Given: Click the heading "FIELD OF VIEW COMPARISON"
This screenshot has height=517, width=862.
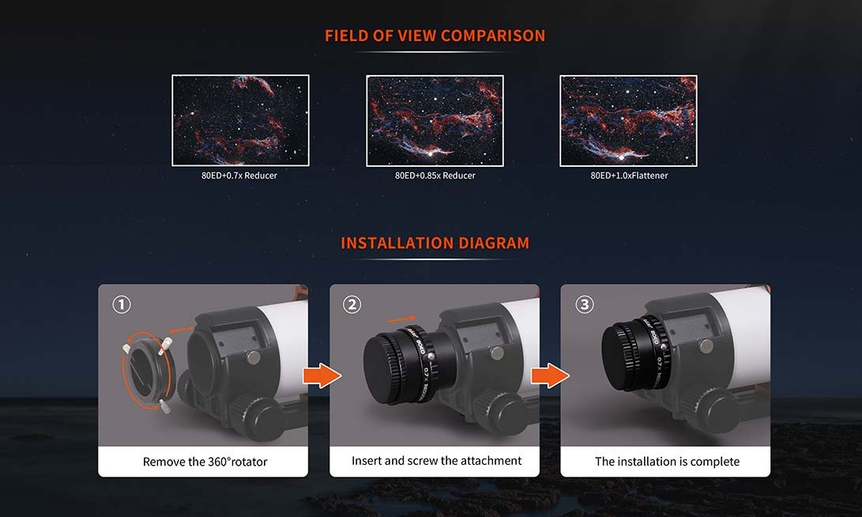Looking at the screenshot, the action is pyautogui.click(x=435, y=36).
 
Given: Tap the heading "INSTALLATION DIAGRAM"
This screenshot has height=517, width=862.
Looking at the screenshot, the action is pyautogui.click(x=435, y=243).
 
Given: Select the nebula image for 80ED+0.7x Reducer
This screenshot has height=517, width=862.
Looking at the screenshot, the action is pyautogui.click(x=240, y=120).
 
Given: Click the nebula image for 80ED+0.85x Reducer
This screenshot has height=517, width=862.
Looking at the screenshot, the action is pyautogui.click(x=435, y=120).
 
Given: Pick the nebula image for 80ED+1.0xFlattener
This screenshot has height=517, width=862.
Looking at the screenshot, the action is pyautogui.click(x=628, y=120).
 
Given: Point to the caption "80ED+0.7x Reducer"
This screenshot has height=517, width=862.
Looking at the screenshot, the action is pyautogui.click(x=239, y=175).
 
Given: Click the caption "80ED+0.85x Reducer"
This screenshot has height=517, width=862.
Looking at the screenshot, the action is pyautogui.click(x=435, y=175).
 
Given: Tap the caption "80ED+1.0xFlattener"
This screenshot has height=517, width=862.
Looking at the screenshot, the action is pyautogui.click(x=629, y=175).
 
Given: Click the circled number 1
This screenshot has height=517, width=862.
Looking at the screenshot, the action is pyautogui.click(x=122, y=304).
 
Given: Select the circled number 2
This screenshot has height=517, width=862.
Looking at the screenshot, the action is pyautogui.click(x=352, y=304).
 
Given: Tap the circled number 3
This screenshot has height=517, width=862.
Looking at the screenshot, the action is pyautogui.click(x=585, y=304).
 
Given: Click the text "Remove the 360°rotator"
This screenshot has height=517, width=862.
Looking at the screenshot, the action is pyautogui.click(x=205, y=462).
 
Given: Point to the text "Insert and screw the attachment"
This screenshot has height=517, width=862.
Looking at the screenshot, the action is pyautogui.click(x=436, y=461).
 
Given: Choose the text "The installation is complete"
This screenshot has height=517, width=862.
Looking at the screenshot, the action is pyautogui.click(x=667, y=462).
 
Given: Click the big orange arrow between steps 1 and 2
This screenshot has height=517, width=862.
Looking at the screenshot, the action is pyautogui.click(x=322, y=375).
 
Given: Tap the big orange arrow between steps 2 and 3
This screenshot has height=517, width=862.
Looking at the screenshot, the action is pyautogui.click(x=550, y=375).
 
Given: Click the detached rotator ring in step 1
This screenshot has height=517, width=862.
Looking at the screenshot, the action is pyautogui.click(x=132, y=374).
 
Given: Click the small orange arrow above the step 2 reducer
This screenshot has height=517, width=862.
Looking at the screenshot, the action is pyautogui.click(x=401, y=319).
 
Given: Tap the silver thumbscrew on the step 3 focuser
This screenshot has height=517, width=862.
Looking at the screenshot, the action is pyautogui.click(x=706, y=345).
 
